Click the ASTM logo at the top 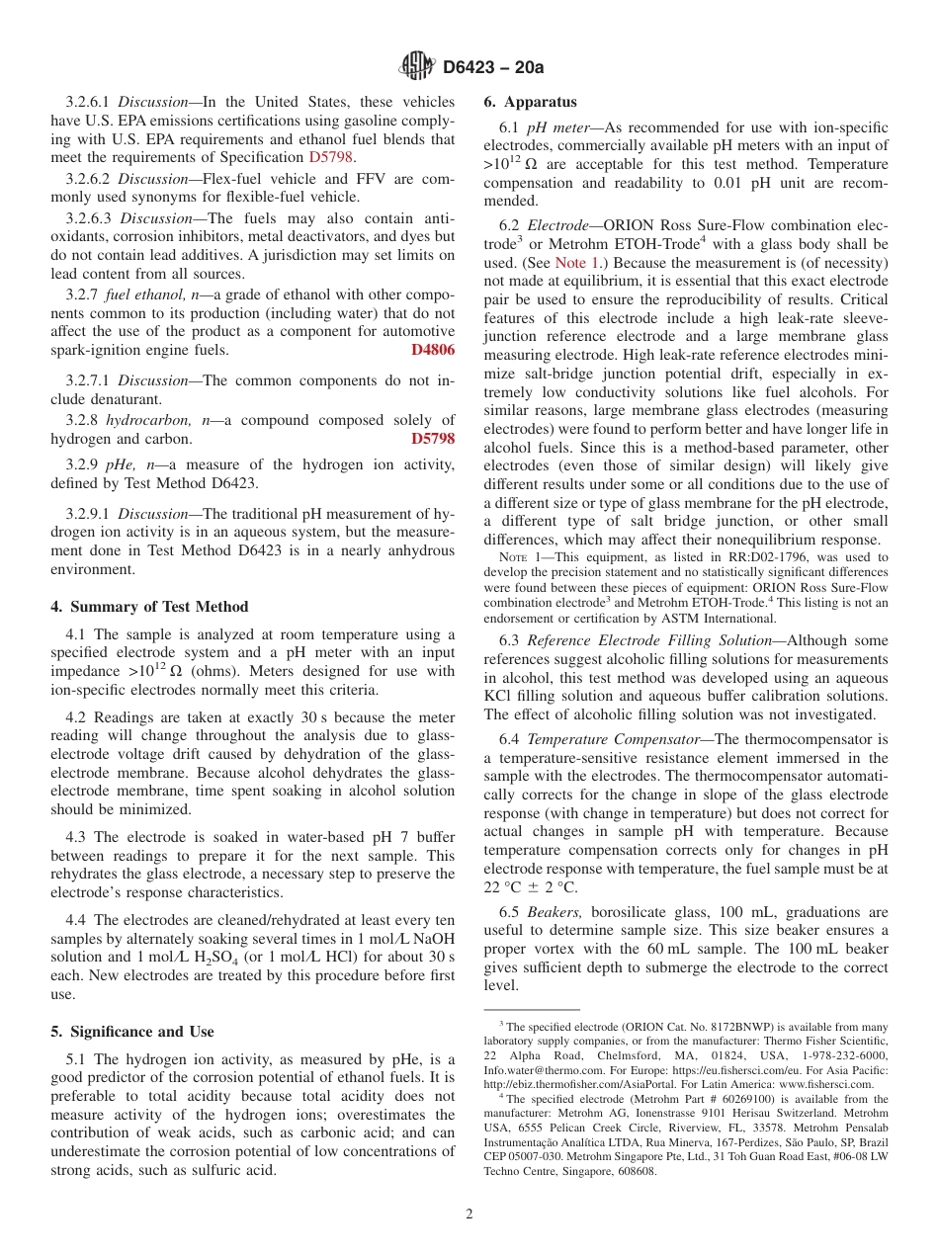coord(416,67)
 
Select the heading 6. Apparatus coord(530,102)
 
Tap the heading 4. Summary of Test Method coord(149,607)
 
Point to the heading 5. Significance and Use coord(131,1032)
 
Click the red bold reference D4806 coord(433,350)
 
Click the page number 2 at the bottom coord(469,1215)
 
